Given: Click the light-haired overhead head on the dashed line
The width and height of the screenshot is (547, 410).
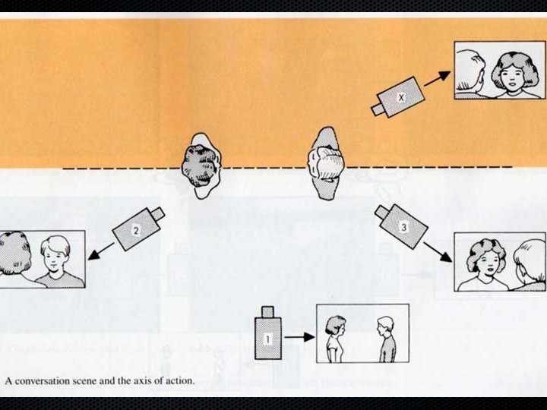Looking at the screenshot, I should point(327,164).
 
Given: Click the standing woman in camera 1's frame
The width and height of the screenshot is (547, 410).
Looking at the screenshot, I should point(333,337).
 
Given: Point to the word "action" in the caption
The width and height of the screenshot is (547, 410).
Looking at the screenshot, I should point(179,381).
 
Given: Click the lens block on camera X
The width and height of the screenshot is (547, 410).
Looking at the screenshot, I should point(378,109).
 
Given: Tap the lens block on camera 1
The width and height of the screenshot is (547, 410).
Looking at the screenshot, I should point(267,311).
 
